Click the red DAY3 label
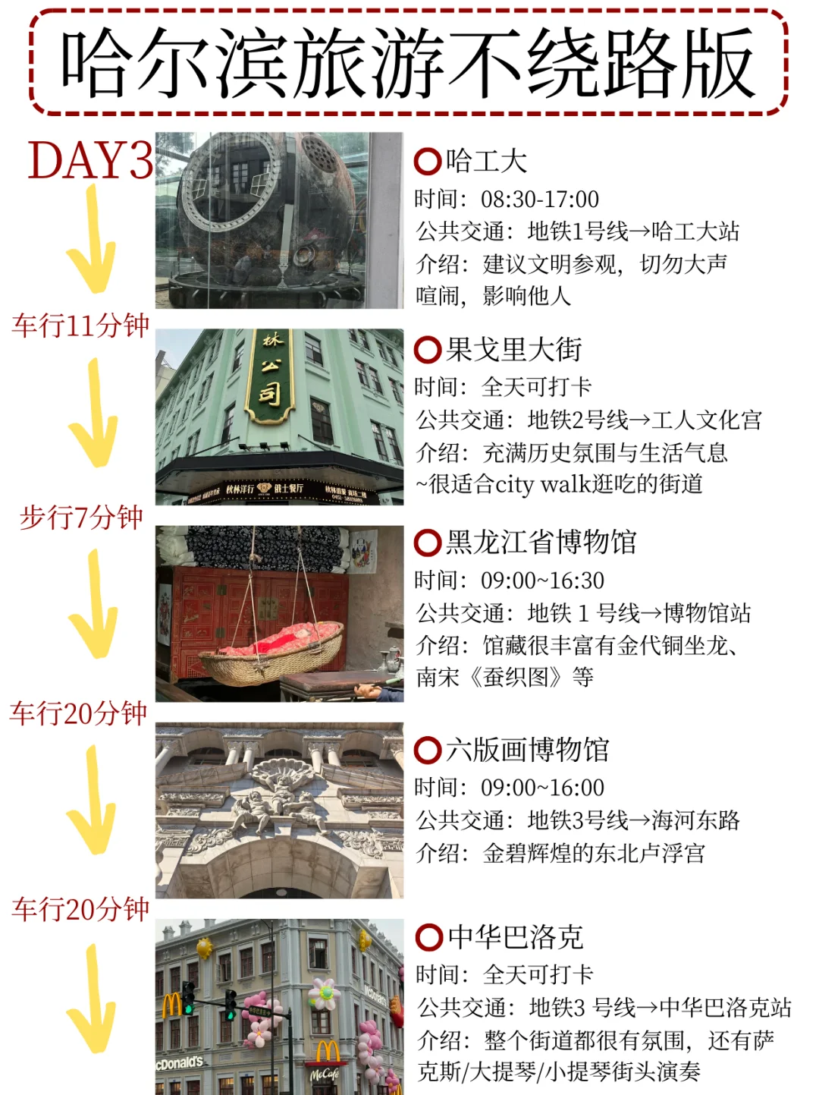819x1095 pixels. coord(90,159)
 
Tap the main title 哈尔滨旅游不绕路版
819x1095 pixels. coord(408,62)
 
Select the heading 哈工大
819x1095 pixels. coord(486,161)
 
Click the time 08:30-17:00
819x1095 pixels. coord(540,199)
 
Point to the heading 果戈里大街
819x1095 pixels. coord(513,350)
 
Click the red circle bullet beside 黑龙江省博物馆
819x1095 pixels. coord(428,543)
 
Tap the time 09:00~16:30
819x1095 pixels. coord(542,581)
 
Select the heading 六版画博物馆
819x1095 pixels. coord(527,750)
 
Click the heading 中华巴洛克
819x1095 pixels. coord(516,937)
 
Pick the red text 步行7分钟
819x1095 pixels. coord(81,517)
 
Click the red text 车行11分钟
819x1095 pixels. coord(80,326)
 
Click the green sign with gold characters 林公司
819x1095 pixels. coord(270,376)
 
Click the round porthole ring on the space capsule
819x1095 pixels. coord(231,181)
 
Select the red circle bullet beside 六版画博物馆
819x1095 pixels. coord(428,750)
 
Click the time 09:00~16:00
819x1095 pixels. coord(542,788)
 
